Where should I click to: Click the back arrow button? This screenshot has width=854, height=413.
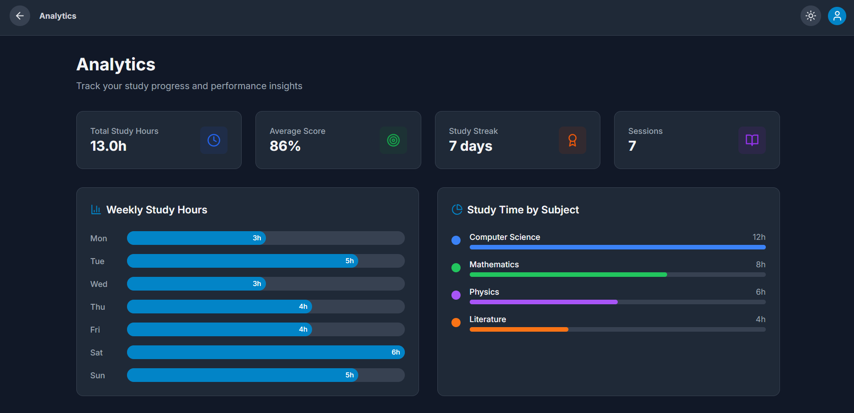tap(20, 16)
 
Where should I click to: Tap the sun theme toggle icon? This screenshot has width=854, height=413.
tap(811, 16)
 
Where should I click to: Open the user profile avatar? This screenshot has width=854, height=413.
tap(837, 16)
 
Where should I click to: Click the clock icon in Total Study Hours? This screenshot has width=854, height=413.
tap(214, 140)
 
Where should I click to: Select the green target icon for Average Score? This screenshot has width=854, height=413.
tap(393, 140)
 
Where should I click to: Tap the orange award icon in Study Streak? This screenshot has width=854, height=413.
tap(572, 140)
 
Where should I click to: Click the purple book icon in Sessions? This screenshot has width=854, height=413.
tap(752, 140)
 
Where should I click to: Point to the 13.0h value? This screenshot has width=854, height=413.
tap(108, 146)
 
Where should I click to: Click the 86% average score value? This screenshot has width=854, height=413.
tap(285, 146)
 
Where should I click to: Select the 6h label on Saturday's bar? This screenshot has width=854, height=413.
tap(396, 352)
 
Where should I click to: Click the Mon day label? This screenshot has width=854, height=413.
tap(99, 238)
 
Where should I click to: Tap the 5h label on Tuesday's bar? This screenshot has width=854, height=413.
tap(350, 261)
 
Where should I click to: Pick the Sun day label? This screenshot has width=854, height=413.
tap(98, 376)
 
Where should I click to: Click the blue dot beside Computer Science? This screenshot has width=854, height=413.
tap(456, 240)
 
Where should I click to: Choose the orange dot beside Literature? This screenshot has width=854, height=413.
tap(456, 323)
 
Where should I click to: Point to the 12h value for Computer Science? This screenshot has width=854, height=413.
tap(759, 237)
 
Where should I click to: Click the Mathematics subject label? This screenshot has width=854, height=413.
tap(494, 265)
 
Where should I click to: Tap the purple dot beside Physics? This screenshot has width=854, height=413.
tap(456, 295)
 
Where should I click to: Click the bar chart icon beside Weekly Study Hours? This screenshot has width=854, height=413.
tap(96, 210)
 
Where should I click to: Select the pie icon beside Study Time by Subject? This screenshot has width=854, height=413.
tap(457, 210)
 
